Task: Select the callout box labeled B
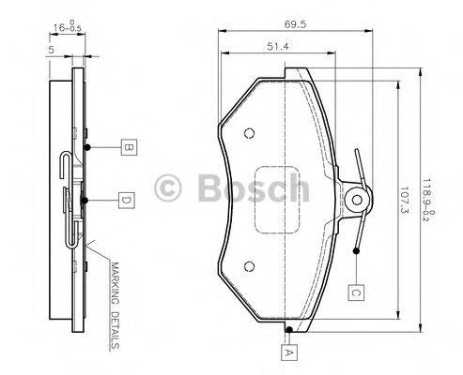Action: pos(126,146)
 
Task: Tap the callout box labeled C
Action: pos(357,291)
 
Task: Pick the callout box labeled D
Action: pos(125,199)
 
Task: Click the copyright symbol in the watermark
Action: pos(176,188)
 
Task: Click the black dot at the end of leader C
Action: pos(358,250)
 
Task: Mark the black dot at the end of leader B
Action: pos(86,147)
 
